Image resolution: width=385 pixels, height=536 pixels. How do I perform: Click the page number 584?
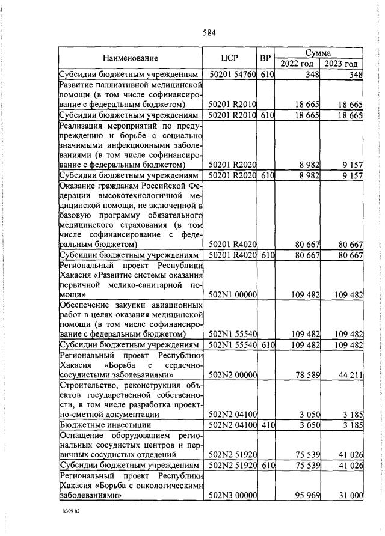tap(209, 32)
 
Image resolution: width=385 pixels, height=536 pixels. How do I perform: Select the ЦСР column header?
tap(230, 58)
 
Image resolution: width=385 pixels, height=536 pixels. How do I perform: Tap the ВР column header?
tap(265, 58)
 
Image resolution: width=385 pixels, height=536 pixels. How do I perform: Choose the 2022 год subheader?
tap(297, 64)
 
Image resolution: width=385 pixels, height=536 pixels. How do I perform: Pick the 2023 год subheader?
tap(341, 64)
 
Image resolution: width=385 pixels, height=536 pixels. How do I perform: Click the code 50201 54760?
tap(233, 75)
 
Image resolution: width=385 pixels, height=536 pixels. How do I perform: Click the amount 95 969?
tap(306, 496)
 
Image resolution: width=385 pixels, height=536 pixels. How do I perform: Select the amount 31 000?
tap(350, 496)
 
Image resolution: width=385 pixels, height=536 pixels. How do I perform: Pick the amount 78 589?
tap(306, 375)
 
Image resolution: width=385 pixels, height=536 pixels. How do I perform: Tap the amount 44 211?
tap(350, 375)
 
